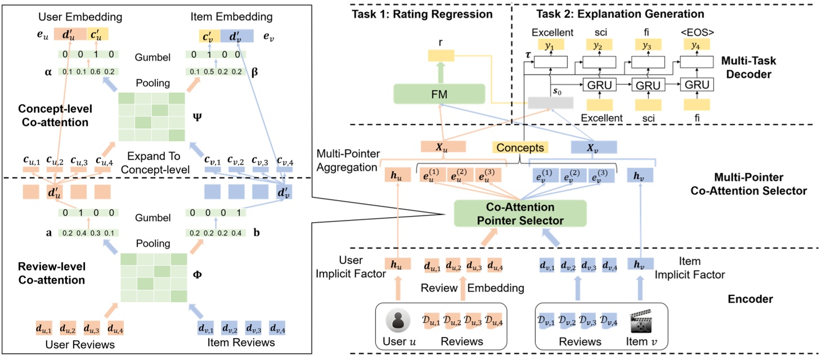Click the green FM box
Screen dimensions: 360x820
(x=439, y=94)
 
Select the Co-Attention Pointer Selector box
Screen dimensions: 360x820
(x=520, y=214)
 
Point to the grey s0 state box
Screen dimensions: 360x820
(x=550, y=102)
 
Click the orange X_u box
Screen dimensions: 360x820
(x=443, y=147)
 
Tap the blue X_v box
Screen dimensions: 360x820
(x=593, y=147)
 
